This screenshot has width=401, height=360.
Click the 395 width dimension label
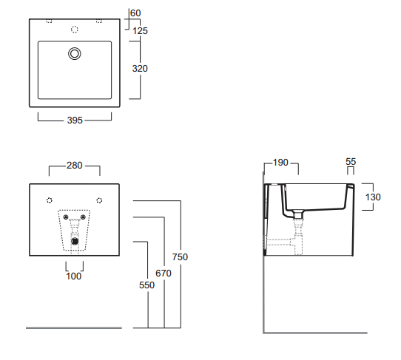coord(75,120)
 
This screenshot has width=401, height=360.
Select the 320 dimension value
coord(139,69)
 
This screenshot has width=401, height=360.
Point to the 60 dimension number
coord(135,13)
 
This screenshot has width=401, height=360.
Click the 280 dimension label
coord(75,166)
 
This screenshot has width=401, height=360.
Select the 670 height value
coord(163,274)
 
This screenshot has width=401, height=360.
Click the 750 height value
coord(180,257)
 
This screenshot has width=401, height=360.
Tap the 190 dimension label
coord(280,163)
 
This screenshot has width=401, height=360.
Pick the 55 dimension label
coord(351,161)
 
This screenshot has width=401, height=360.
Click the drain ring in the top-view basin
coord(74,53)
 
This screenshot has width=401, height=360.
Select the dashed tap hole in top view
coord(74,30)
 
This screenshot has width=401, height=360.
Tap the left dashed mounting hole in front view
coord(50,200)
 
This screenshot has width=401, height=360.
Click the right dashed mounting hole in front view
coord(99,200)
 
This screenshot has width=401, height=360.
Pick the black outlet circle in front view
coord(74,240)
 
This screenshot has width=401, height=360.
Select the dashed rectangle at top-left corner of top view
coord(49,21)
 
